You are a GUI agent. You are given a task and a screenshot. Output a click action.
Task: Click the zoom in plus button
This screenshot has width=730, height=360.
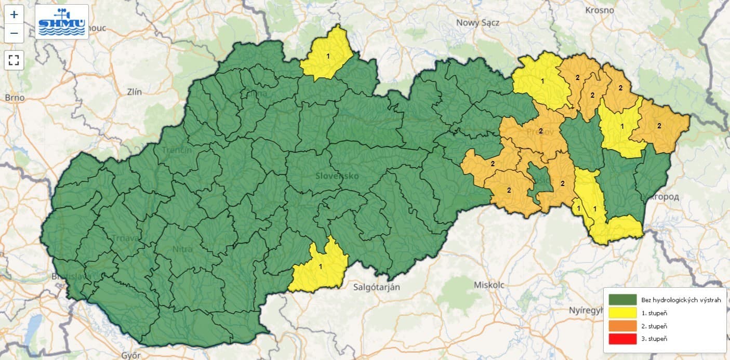(14, 15)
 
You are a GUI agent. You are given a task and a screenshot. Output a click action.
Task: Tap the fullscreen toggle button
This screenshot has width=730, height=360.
(14, 60)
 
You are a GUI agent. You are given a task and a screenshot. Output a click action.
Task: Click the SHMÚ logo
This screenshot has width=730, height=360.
(62, 22)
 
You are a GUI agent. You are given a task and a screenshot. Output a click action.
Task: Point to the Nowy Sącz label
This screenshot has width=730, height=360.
(478, 22)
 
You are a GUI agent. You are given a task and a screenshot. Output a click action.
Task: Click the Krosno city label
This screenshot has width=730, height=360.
(599, 10)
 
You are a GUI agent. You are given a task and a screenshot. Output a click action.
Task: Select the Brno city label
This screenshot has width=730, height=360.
(14, 97)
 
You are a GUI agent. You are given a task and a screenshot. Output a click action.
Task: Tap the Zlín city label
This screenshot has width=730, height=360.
(134, 92)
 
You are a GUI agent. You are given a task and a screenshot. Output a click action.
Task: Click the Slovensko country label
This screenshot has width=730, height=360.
(337, 176)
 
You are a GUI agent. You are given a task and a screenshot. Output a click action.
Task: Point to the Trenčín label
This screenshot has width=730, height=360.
(177, 150)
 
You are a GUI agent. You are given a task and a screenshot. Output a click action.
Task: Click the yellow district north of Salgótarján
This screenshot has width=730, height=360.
(320, 265)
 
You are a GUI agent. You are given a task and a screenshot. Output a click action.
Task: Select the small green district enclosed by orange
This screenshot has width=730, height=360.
(538, 182)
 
